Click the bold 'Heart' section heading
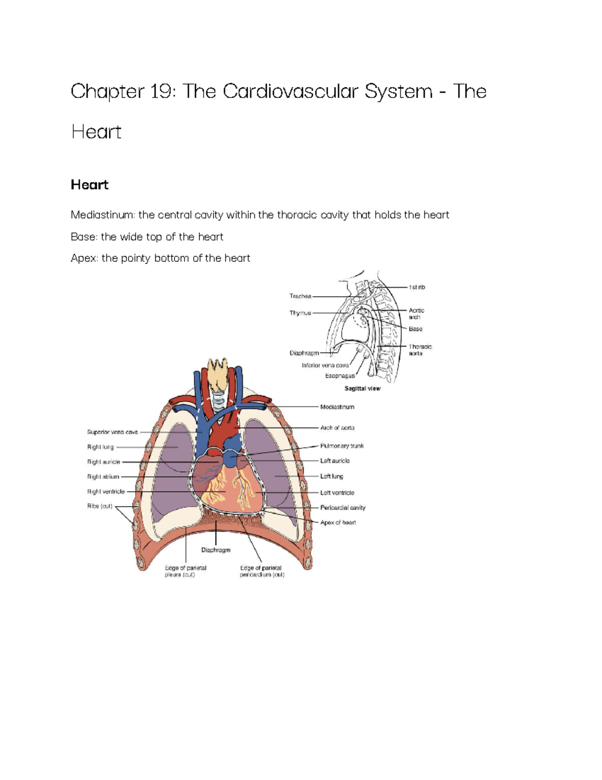click(89, 185)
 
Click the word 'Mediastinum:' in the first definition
click(103, 215)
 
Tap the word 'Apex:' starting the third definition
click(85, 258)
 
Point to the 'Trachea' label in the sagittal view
click(300, 296)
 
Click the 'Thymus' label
click(300, 313)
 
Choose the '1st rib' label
click(416, 287)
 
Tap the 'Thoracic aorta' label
click(419, 350)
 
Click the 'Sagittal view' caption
click(362, 389)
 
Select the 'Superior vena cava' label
click(112, 432)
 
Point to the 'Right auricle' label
click(103, 462)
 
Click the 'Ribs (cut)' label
click(100, 506)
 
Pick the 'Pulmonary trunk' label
click(342, 446)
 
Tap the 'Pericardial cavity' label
click(343, 508)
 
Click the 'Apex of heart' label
click(338, 523)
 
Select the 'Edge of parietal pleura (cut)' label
click(185, 571)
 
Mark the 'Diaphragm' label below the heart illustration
click(216, 550)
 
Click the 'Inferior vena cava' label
click(325, 366)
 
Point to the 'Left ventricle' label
click(337, 493)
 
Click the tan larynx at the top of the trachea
click(217, 376)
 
